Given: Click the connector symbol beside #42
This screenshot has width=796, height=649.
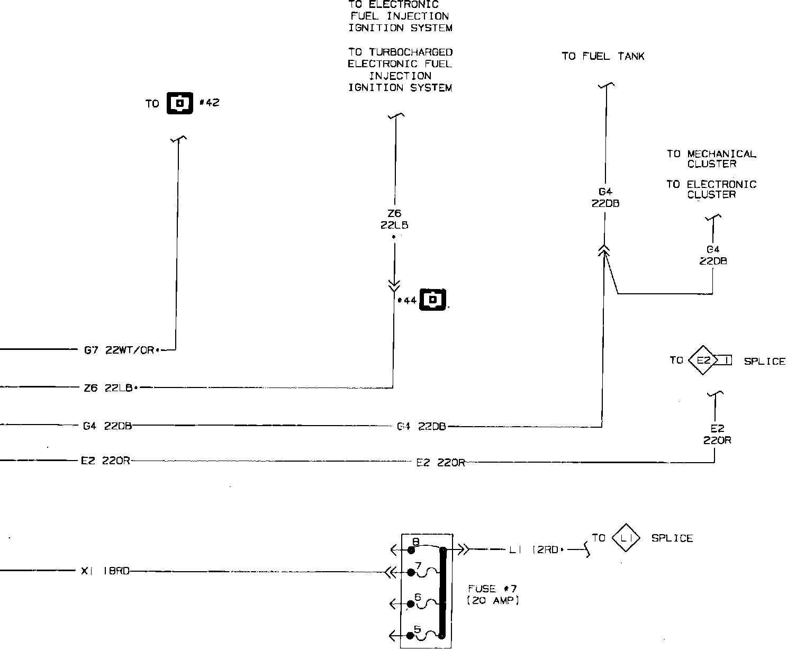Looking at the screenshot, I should (180, 103).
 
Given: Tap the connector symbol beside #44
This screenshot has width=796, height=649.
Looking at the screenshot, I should (433, 300).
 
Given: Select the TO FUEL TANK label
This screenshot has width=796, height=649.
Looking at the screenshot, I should (603, 56).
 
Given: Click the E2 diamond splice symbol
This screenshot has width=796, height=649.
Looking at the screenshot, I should (703, 360).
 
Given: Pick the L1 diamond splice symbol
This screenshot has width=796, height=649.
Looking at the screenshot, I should (626, 538).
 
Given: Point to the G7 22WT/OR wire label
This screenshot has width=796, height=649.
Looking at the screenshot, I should (120, 350).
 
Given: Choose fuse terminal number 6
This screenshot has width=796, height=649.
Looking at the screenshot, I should (411, 603).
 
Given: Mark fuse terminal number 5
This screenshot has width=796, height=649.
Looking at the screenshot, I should (411, 635).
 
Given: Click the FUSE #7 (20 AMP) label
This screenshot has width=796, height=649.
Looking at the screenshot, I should (493, 594).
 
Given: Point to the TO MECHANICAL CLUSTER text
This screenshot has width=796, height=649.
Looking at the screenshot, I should (711, 159).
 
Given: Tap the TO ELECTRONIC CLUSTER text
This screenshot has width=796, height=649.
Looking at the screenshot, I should (711, 189).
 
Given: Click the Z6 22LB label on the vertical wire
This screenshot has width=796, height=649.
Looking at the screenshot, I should (394, 219).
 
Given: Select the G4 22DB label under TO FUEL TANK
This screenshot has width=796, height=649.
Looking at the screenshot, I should (605, 197).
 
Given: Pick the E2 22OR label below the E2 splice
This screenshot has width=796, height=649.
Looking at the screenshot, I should (717, 434).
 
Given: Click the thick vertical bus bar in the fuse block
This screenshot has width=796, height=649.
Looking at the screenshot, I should (443, 592).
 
